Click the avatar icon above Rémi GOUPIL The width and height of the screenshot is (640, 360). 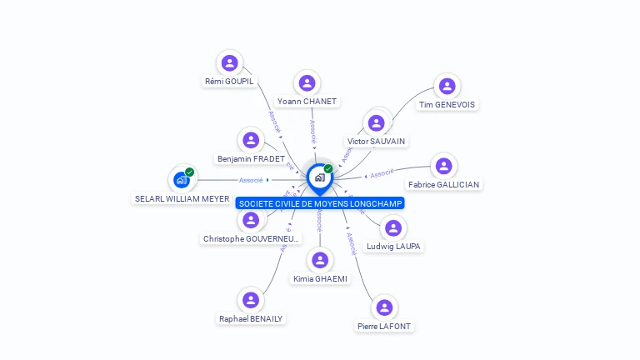point(229,62)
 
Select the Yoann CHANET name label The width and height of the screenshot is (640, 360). point(307,102)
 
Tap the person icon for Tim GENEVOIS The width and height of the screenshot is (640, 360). point(447,86)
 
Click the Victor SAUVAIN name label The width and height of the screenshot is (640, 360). point(377,142)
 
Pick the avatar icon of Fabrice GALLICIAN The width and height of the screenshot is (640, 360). point(443,166)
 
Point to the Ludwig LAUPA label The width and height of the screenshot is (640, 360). point(394,247)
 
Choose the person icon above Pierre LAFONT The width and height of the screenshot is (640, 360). point(384,307)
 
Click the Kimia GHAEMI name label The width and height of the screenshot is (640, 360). point(320,278)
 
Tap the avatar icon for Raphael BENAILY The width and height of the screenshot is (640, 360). point(251,300)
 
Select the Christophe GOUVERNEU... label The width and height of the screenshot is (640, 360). point(251,239)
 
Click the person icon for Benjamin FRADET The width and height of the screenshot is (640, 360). point(251,140)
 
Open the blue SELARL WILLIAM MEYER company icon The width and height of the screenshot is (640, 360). point(181,179)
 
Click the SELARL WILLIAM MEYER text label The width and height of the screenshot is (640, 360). point(182,199)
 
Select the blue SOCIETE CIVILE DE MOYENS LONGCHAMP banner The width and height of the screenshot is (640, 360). point(320,203)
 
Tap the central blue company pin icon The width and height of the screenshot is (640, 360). point(319,177)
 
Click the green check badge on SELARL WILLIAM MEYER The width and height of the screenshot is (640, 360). point(190,172)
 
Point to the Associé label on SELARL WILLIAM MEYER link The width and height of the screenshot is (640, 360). point(251,180)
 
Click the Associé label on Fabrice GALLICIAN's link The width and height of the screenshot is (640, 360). point(382,173)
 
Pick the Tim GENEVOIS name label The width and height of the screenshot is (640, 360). point(447,105)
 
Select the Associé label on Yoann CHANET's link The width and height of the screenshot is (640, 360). point(312,132)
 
